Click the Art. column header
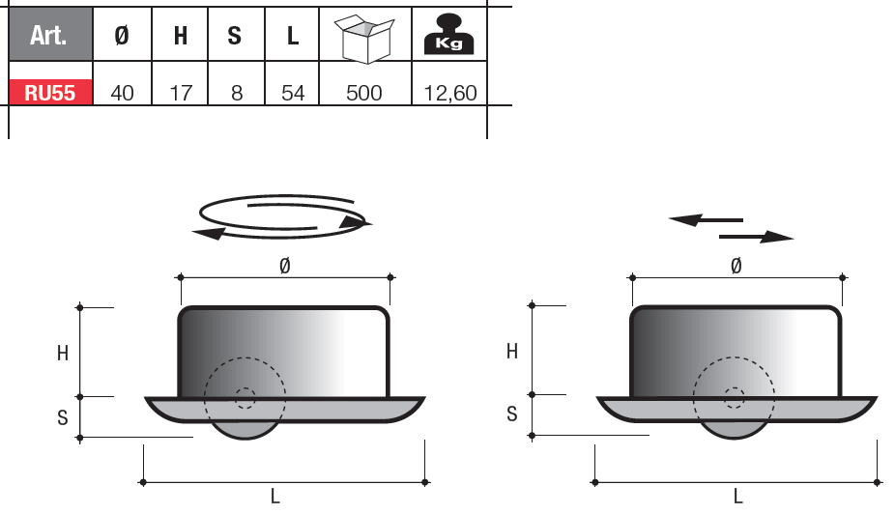[x=49, y=37]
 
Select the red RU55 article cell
[x=50, y=93]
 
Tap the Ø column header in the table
[x=122, y=37]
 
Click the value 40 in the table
[x=122, y=93]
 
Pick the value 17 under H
[x=180, y=93]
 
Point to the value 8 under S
[x=235, y=93]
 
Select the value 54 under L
[x=292, y=93]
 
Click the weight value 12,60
[x=449, y=93]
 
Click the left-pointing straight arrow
[x=706, y=220]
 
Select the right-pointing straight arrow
[x=757, y=236]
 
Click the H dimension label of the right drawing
[x=512, y=352]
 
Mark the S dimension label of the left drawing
[x=62, y=417]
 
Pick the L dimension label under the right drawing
[x=737, y=497]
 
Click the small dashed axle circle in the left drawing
[x=244, y=397]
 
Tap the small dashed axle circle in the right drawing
[x=735, y=396]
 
